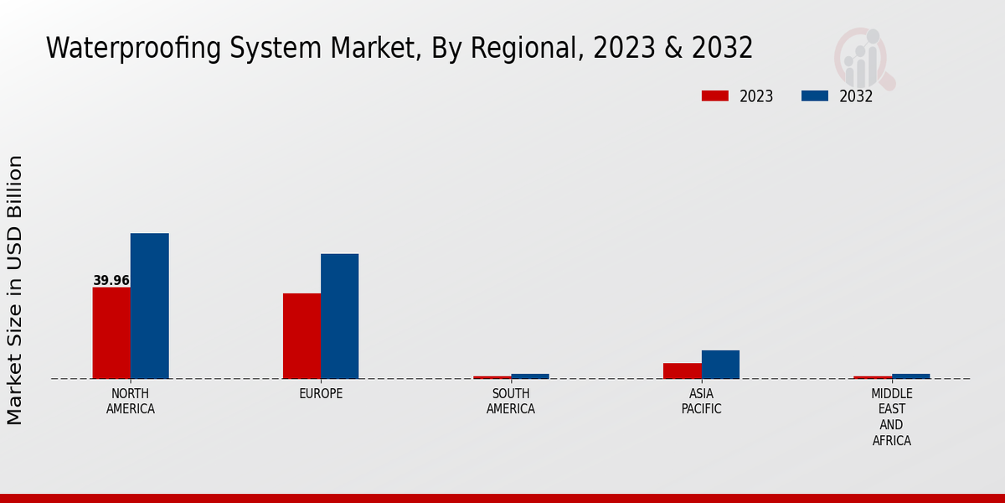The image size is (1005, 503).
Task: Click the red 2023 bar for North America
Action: (111, 333)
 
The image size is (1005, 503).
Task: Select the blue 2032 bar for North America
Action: (149, 306)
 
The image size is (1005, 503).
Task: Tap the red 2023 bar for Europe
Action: (301, 335)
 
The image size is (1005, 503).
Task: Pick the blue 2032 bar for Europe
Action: (339, 316)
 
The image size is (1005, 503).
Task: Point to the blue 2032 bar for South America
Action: (530, 376)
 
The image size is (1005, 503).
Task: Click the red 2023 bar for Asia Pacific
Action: (682, 371)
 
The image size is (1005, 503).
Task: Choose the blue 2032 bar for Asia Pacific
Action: (720, 365)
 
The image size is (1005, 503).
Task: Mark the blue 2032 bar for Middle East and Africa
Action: (910, 376)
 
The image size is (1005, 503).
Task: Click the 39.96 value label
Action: (111, 281)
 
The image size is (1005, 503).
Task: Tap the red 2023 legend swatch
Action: (714, 96)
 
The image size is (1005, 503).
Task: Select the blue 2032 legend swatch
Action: (814, 96)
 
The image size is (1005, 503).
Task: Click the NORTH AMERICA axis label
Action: (131, 402)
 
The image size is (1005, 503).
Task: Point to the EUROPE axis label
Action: (321, 394)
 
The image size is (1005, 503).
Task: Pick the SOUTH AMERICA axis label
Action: (511, 402)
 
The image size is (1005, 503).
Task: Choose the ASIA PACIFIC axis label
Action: (701, 402)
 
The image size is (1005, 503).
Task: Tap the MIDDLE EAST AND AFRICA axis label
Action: (891, 417)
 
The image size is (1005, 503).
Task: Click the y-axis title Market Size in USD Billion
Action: (15, 289)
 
